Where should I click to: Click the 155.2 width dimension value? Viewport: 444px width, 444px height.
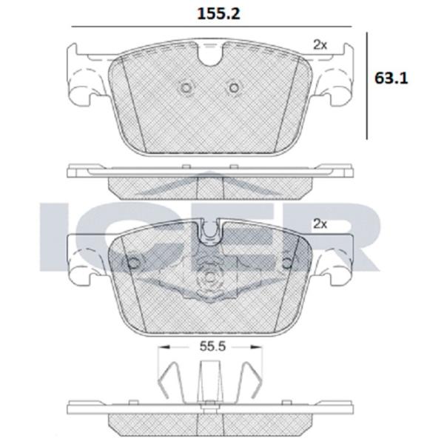point(218,14)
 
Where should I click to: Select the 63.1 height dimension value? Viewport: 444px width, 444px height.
point(391,78)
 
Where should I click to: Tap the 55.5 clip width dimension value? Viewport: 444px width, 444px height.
point(212,346)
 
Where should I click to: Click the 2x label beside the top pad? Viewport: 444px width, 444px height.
point(320,45)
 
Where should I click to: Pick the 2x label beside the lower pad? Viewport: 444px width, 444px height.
point(320,224)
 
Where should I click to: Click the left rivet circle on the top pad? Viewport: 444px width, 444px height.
point(186,88)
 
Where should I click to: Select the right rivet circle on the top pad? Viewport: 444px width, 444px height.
point(234,88)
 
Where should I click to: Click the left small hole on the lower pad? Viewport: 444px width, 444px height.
point(134,263)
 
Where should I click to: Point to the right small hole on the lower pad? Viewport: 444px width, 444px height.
point(286,263)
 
